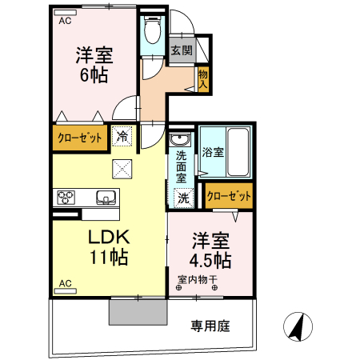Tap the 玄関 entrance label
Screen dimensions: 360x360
pos(181,50)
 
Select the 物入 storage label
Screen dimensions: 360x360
pos(203,78)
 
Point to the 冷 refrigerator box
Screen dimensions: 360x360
pos(122,138)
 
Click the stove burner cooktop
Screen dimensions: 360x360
pos(65,197)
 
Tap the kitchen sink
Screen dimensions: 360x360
pos(106,197)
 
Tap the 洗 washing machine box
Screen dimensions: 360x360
pos(182,197)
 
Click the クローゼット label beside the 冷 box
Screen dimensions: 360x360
pos(80,138)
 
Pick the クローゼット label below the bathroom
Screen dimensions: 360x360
pos(229,195)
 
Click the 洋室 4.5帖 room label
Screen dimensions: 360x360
pos(210,251)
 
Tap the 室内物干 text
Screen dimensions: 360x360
pos(196,279)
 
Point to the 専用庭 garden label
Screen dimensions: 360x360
pos(210,326)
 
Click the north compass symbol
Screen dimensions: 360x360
pos(296,326)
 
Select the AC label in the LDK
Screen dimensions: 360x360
pos(66,283)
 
